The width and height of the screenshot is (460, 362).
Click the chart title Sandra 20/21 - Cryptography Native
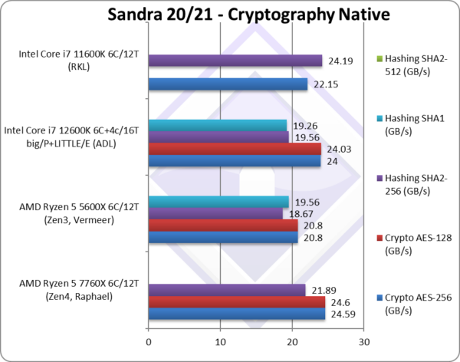[x=230, y=15]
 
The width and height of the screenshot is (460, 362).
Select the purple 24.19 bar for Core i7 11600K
[x=235, y=61]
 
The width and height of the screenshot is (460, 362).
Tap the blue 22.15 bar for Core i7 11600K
[x=228, y=84]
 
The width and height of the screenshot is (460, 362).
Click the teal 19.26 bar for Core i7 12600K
[x=217, y=125]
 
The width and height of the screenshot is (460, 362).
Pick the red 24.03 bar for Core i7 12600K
[x=235, y=149]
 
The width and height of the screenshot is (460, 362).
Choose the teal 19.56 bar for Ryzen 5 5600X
[x=219, y=202]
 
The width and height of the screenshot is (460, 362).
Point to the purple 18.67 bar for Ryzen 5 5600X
[x=215, y=213]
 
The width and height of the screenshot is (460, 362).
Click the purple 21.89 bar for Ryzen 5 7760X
[x=227, y=289]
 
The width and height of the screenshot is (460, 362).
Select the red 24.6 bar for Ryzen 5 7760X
[x=237, y=301]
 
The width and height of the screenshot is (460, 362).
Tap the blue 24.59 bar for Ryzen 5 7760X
[x=237, y=313]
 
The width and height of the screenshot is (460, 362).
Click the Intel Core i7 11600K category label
[x=74, y=60]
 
